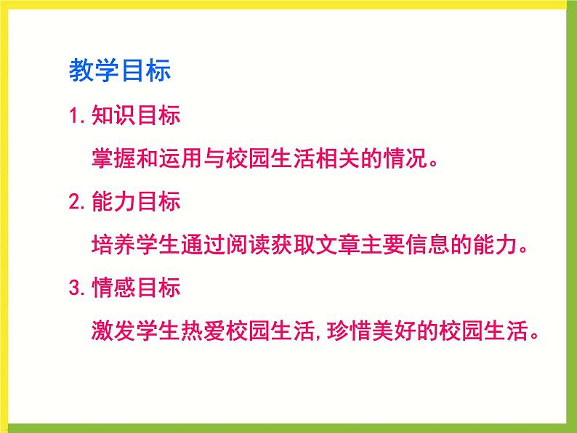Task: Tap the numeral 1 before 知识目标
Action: coord(73,116)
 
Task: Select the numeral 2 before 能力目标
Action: coord(73,203)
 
